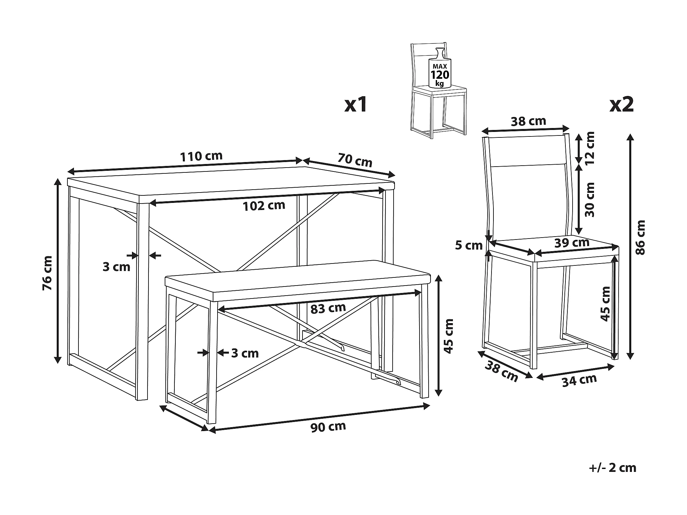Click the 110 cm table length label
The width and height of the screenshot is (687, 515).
201,156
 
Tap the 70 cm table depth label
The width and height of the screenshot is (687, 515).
355,160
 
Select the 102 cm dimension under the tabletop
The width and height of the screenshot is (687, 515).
264,205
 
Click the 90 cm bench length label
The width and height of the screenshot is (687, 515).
328,427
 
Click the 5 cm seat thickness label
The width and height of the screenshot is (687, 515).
469,246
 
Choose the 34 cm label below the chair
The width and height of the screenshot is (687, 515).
579,381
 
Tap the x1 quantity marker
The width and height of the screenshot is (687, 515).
356,105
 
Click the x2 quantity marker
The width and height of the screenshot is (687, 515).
622,105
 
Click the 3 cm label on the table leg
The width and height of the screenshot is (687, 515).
116,267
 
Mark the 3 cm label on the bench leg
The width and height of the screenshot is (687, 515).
245,353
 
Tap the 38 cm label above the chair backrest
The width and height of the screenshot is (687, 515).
528,121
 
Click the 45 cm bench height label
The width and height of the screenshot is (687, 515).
448,336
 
